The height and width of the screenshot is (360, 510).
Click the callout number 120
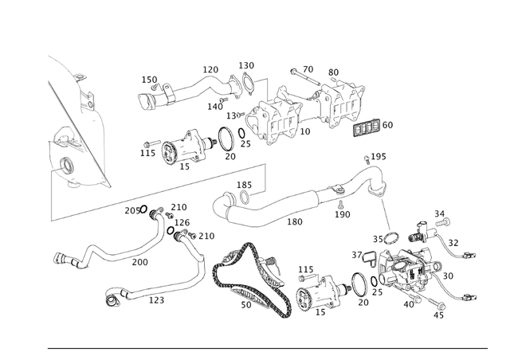pyautogui.click(x=210, y=70)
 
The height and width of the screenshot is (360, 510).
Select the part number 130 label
pyautogui.click(x=247, y=65)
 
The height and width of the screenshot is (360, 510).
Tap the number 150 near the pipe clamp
pyautogui.click(x=150, y=80)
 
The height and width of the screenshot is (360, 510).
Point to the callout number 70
pyautogui.click(x=308, y=69)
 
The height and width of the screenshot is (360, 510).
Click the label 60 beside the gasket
pyautogui.click(x=387, y=125)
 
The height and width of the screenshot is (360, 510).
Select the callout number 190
pyautogui.click(x=342, y=214)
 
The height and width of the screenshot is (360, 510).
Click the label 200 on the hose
pyautogui.click(x=139, y=262)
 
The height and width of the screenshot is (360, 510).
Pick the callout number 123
pyautogui.click(x=156, y=300)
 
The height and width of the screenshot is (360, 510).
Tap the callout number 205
pyautogui.click(x=131, y=210)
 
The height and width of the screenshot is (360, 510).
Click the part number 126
pyautogui.click(x=182, y=222)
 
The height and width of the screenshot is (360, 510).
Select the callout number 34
pyautogui.click(x=439, y=213)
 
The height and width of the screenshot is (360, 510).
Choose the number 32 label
pyautogui.click(x=453, y=243)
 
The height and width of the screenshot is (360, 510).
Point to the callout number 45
pyautogui.click(x=438, y=315)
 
